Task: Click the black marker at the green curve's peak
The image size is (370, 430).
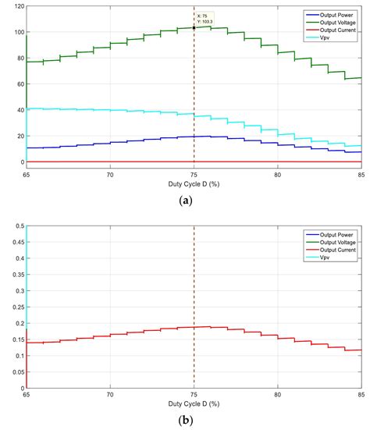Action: pos(194,28)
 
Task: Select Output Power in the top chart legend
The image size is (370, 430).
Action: pos(333,13)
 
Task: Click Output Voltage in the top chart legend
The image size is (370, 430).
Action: pos(334,20)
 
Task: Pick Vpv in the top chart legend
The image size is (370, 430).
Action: pos(320,36)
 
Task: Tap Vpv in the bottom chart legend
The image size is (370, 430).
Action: pos(320,256)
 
